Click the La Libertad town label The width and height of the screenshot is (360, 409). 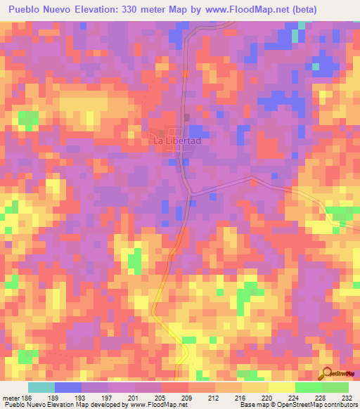coord(177,141)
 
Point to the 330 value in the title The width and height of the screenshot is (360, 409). coord(134,10)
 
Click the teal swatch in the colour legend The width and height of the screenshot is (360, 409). coord(41,387)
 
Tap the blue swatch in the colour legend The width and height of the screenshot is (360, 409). coord(68,387)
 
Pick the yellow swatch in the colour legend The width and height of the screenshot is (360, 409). coord(281,387)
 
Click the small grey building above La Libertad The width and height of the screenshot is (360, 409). coord(186,117)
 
